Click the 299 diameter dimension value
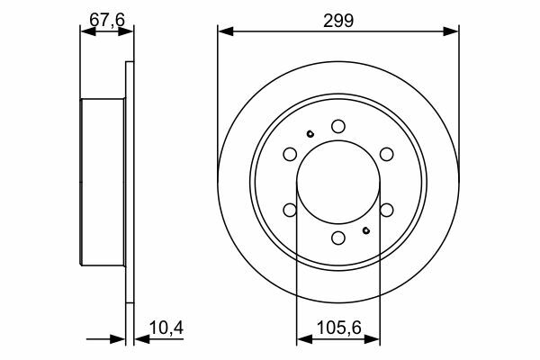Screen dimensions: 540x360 (x=338, y=21)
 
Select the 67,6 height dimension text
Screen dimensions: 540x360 (x=107, y=20)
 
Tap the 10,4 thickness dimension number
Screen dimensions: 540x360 (x=166, y=328)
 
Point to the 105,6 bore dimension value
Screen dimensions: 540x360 (x=338, y=328)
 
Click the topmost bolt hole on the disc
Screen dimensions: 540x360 (x=338, y=126)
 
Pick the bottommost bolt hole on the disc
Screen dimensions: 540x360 (x=338, y=238)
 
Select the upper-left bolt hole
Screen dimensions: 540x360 (x=290, y=154)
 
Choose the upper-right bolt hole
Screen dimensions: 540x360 (x=386, y=154)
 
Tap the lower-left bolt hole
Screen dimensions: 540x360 (x=290, y=210)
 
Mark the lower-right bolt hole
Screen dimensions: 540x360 (x=386, y=210)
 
